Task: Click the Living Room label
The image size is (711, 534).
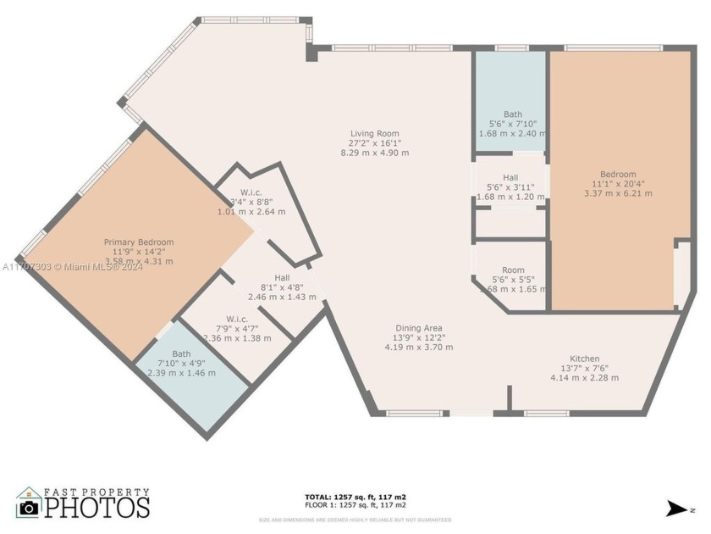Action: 375,133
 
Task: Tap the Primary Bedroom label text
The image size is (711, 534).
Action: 139,242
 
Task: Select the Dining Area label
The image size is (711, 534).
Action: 419,328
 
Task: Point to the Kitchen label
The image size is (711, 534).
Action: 584,358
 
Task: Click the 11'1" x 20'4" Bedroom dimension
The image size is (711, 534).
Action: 618,184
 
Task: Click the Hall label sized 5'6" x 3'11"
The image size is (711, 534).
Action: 510,177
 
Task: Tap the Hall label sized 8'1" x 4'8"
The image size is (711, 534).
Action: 282,278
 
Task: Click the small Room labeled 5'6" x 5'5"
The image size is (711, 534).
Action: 512,270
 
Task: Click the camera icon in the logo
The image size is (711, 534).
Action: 30,507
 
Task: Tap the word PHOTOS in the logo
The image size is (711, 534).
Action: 97,507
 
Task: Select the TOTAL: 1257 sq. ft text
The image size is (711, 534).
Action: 355,497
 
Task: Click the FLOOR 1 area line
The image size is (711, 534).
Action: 355,505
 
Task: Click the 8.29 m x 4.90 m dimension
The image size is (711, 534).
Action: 375,153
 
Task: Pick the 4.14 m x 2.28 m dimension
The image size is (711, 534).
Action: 584,377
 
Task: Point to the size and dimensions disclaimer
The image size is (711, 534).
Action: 355,520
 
